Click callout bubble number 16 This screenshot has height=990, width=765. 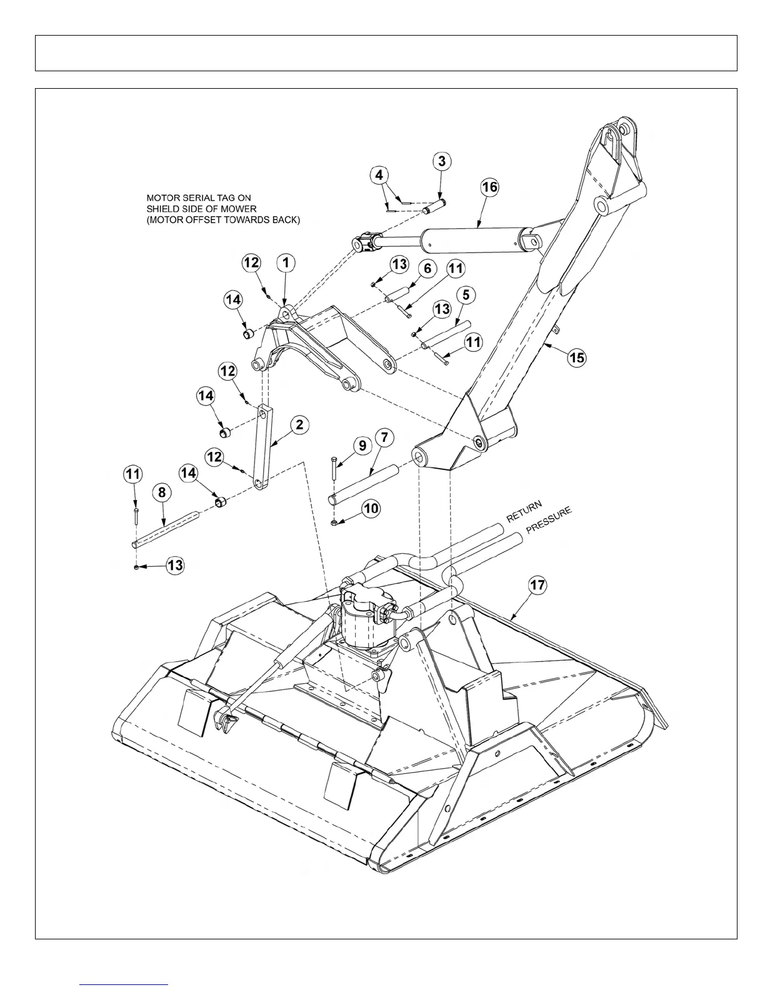[x=489, y=187]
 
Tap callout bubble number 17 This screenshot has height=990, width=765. [x=537, y=586]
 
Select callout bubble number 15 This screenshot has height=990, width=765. [x=576, y=357]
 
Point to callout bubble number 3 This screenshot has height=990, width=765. [x=442, y=161]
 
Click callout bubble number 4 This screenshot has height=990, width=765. [x=379, y=175]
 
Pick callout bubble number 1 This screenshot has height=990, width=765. [x=286, y=262]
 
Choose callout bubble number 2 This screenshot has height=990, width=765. [x=300, y=425]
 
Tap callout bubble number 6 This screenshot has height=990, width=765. [x=427, y=269]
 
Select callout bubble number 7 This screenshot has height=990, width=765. [x=384, y=437]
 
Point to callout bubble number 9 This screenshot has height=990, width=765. [x=362, y=445]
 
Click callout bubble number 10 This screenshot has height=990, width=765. [x=371, y=508]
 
